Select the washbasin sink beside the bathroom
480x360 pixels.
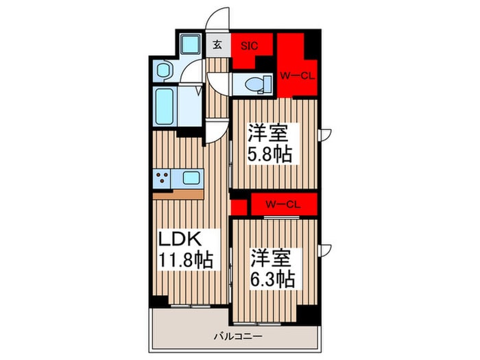[164, 69]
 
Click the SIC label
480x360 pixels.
[248, 46]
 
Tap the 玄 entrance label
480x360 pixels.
[217, 45]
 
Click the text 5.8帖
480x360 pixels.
[272, 154]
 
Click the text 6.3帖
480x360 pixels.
[273, 279]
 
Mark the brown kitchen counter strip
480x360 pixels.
[178, 194]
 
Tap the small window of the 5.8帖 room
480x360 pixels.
[327, 132]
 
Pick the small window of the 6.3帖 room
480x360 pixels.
[327, 248]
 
